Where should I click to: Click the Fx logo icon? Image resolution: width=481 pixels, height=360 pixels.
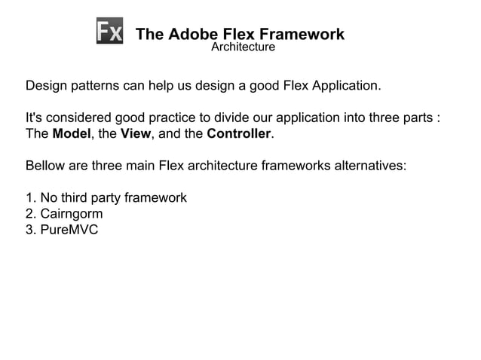pyautogui.click(x=110, y=31)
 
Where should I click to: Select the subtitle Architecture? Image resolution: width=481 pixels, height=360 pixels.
pyautogui.click(x=243, y=47)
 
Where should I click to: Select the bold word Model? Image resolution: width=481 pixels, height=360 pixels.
pyautogui.click(x=72, y=135)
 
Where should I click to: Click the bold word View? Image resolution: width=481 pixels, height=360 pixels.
pyautogui.click(x=136, y=135)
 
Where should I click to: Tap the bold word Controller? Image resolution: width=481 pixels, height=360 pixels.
pyautogui.click(x=238, y=135)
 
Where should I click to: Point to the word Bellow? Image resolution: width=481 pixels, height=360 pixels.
pyautogui.click(x=45, y=166)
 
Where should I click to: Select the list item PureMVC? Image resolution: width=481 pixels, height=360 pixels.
pyautogui.click(x=69, y=229)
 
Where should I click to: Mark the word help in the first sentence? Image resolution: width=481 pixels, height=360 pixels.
pyautogui.click(x=160, y=85)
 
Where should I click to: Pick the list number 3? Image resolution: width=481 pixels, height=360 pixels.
pyautogui.click(x=30, y=229)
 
